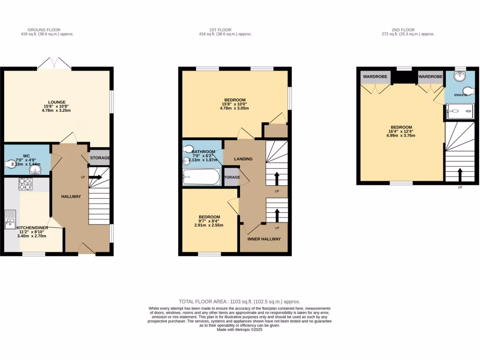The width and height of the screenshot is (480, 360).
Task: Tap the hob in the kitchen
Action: (25, 185)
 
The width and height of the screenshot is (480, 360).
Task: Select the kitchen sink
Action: (10, 220)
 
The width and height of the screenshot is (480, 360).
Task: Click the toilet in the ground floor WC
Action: (10, 164)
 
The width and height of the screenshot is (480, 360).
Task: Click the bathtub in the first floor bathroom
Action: (201, 177)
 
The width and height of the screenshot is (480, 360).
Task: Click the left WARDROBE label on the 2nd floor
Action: (375, 76)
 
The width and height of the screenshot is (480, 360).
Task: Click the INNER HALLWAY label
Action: (264, 239)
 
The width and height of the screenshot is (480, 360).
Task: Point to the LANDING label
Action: (243, 159)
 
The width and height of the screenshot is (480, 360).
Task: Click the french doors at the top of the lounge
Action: (55, 64)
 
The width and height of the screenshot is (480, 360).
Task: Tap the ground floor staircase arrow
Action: (96, 177)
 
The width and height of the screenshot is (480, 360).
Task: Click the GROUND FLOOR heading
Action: (47, 30)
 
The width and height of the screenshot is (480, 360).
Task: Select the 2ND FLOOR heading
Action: (408, 30)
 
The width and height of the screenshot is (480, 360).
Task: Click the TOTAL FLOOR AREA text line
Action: (240, 301)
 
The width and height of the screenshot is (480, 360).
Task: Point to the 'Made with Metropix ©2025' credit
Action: (240, 330)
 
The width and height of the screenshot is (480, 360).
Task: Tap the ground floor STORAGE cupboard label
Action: (99, 158)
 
